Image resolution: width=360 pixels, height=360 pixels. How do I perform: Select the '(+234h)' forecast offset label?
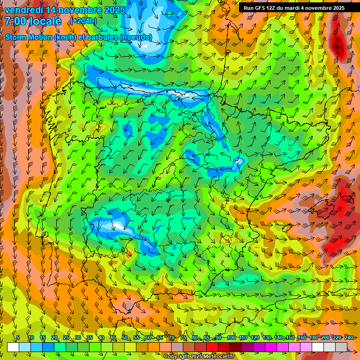click(x=83, y=21)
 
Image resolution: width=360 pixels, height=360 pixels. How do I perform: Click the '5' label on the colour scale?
click(x=18, y=337)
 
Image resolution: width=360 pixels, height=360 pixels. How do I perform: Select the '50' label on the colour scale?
click(x=125, y=337)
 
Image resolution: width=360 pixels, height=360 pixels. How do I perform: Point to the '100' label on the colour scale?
click(x=232, y=337)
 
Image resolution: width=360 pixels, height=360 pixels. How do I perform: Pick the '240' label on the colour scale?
click(x=349, y=337)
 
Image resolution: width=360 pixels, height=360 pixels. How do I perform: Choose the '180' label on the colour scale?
click(x=313, y=337)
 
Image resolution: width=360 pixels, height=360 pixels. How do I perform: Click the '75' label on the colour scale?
click(x=183, y=337)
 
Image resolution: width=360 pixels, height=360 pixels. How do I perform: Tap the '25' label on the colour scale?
click(x=66, y=337)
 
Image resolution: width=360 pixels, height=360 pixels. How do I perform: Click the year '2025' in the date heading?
click(x=112, y=10)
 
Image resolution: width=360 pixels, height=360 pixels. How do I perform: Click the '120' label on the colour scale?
click(x=255, y=337)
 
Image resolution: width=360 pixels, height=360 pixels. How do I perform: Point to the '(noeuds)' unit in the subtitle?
click(x=135, y=37)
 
